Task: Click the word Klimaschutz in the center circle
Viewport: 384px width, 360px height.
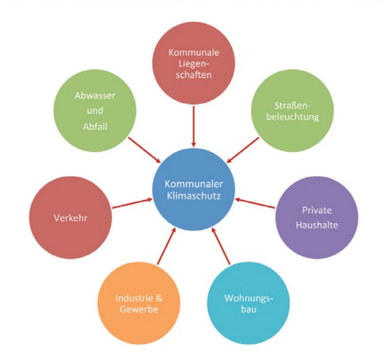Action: tap(194, 196)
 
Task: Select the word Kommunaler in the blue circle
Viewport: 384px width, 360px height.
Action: tap(194, 184)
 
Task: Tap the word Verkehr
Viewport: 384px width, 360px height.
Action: tap(71, 218)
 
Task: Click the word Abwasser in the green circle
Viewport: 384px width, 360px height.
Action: tap(95, 96)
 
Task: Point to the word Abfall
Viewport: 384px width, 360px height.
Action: tap(95, 127)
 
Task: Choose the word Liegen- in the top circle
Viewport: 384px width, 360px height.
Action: tap(194, 64)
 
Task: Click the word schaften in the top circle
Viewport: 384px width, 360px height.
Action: tap(194, 75)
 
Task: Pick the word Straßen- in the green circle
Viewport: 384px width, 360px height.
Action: tap(292, 106)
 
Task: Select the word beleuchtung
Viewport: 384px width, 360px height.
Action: tap(293, 117)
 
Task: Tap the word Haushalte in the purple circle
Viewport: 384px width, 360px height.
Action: tap(317, 225)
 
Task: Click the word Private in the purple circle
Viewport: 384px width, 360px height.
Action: tap(317, 210)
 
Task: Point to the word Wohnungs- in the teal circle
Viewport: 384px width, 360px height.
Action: tap(249, 298)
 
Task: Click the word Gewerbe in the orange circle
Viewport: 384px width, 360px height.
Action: tap(139, 309)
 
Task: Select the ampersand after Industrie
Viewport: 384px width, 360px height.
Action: tap(159, 298)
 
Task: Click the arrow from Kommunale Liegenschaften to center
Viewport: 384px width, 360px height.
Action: tap(194, 126)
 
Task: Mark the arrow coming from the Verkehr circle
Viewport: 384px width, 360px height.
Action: tap(132, 203)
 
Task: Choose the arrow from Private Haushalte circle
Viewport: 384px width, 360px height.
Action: tap(255, 203)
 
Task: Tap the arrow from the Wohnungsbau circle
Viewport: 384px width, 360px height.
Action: tap(221, 246)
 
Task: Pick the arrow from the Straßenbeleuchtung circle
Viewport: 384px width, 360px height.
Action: tap(243, 150)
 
